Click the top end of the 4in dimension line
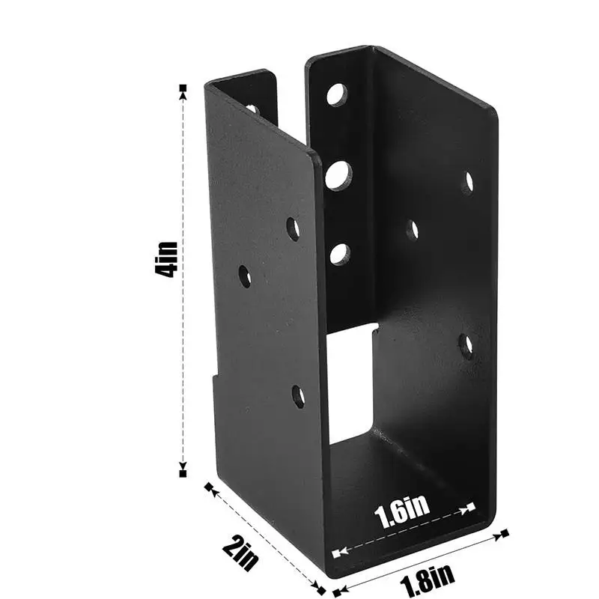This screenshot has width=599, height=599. (x=183, y=89)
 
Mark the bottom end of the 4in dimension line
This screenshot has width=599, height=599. (x=183, y=472)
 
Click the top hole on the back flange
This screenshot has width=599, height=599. (x=336, y=94)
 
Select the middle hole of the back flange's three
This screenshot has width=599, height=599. (x=338, y=175)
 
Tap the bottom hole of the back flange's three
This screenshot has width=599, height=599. (x=340, y=254)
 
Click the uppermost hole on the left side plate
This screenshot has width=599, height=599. (x=293, y=228)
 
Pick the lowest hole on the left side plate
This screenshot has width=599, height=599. (x=298, y=396)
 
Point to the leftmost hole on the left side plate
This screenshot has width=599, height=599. (x=245, y=276)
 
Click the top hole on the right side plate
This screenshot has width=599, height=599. (x=468, y=182)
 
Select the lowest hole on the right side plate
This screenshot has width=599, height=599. (x=466, y=344)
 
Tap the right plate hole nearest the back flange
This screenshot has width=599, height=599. (x=412, y=230)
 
